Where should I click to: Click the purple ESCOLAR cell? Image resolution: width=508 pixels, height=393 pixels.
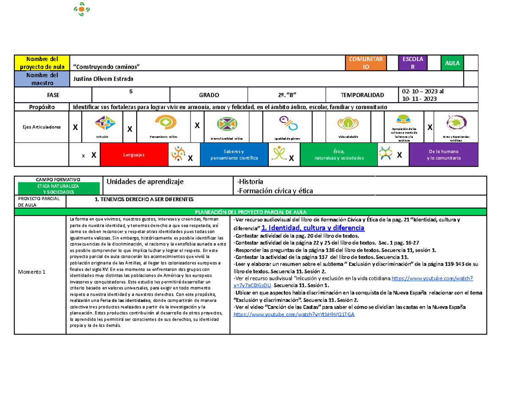412,63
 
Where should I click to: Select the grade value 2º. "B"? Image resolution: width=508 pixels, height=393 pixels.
287,95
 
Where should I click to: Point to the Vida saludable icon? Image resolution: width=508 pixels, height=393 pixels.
348,123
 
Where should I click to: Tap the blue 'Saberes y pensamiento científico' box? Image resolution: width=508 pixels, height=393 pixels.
234,155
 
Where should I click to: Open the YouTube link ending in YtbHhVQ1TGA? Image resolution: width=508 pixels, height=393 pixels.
294,315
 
